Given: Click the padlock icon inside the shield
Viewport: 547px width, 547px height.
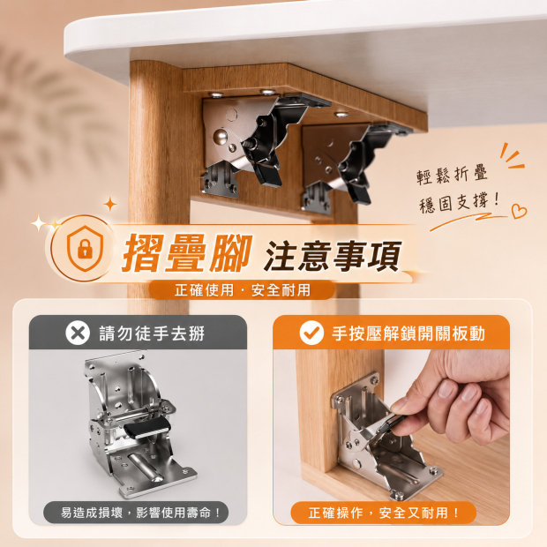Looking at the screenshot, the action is pyautogui.click(x=85, y=249).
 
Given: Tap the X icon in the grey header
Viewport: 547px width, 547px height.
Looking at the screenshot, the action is pyautogui.click(x=78, y=333).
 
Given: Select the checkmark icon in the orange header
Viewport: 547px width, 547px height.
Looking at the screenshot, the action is pyautogui.click(x=311, y=333).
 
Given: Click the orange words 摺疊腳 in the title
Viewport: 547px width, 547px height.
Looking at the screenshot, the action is pyautogui.click(x=187, y=252).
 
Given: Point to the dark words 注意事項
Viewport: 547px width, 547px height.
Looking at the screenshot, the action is pyautogui.click(x=333, y=255).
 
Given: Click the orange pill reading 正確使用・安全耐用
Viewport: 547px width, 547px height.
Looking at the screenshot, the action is pyautogui.click(x=242, y=290).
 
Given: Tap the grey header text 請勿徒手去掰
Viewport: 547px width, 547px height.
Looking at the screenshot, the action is pyautogui.click(x=152, y=333).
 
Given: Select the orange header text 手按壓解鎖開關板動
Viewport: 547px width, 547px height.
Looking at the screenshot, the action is pyautogui.click(x=408, y=333).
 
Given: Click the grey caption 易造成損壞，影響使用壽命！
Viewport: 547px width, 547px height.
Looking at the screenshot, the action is pyautogui.click(x=140, y=513).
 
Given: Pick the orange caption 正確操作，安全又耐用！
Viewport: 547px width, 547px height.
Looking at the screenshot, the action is pyautogui.click(x=384, y=513).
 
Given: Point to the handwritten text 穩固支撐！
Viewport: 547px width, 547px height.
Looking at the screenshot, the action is pyautogui.click(x=459, y=203).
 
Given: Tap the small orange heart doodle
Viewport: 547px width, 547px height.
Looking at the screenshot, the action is pyautogui.click(x=519, y=211).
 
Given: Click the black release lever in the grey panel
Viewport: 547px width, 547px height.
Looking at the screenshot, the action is pyautogui.click(x=147, y=427).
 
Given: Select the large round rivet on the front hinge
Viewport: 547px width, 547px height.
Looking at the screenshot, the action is pyautogui.click(x=221, y=135).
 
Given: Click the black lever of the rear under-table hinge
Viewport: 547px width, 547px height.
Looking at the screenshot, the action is pyautogui.click(x=359, y=194).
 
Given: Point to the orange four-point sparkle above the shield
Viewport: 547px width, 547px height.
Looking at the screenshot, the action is pyautogui.click(x=110, y=204).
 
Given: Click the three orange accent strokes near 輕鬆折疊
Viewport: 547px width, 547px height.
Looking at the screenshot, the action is pyautogui.click(x=512, y=157).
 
